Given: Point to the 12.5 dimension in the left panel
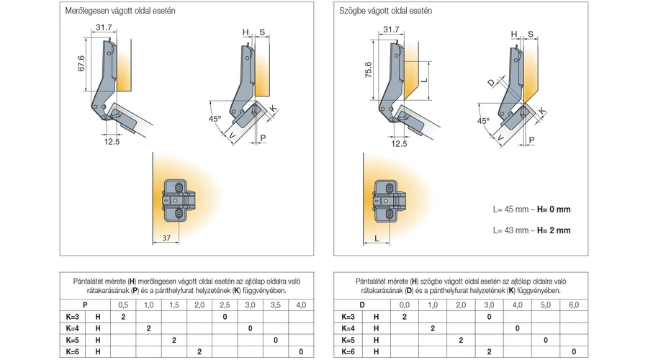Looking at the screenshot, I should (112, 142).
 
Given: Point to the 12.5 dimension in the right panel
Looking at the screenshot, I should (399, 143).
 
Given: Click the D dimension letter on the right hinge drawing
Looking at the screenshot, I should (491, 83).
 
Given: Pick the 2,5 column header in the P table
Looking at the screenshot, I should (225, 306).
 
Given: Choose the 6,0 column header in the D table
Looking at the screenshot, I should (573, 306).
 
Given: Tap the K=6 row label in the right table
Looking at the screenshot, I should (347, 351).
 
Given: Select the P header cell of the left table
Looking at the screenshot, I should (85, 306).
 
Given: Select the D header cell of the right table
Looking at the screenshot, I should (362, 306).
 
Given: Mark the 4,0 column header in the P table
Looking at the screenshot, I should (300, 306).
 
